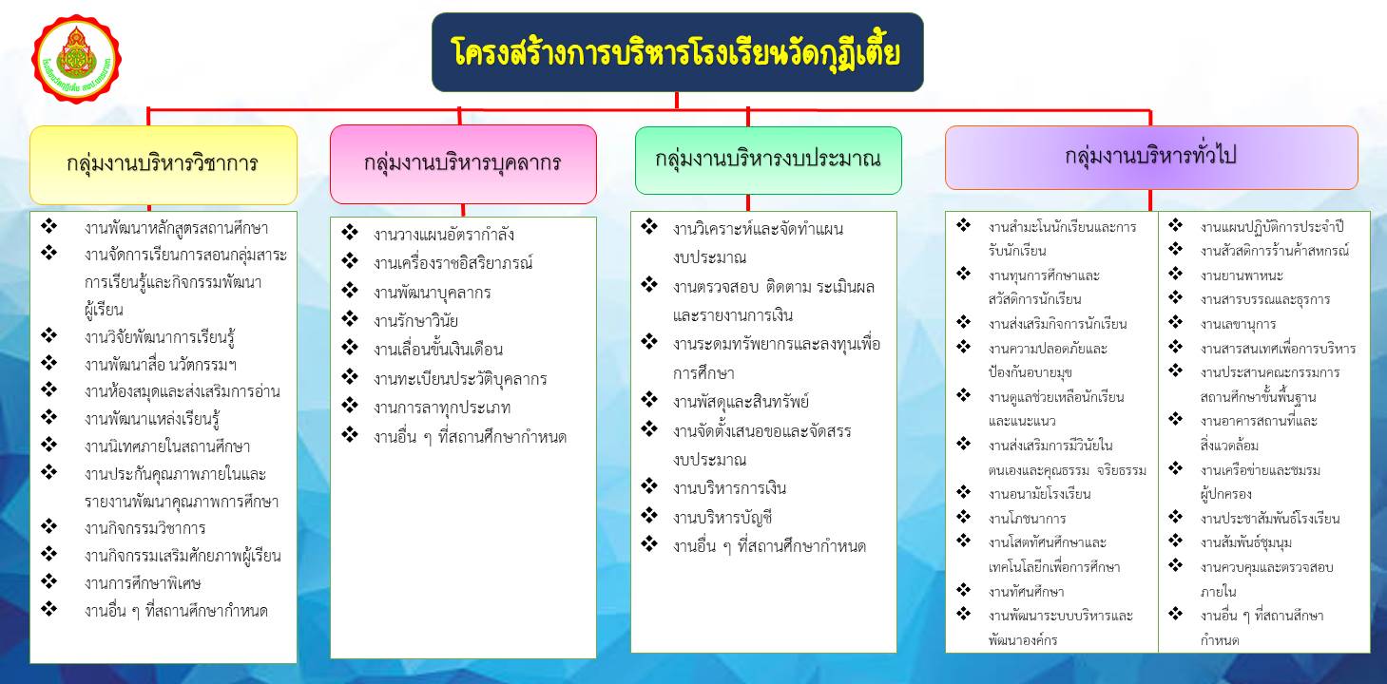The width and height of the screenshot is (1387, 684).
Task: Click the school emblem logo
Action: click(x=76, y=60)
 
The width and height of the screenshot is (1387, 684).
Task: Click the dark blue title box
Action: click(x=678, y=52)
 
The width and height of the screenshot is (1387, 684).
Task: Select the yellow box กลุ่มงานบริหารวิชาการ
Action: click(x=164, y=164)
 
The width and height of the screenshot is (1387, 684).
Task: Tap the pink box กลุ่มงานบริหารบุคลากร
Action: click(x=463, y=164)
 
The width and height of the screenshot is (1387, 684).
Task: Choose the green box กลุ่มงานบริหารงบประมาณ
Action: click(x=768, y=161)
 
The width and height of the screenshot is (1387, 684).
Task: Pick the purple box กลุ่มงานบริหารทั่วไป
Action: click(x=1151, y=158)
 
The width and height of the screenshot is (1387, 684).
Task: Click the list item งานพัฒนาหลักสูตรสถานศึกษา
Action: click(x=177, y=228)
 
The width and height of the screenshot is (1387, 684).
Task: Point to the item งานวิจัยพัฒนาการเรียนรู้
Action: click(x=160, y=337)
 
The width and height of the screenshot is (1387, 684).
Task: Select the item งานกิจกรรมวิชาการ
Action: click(x=144, y=528)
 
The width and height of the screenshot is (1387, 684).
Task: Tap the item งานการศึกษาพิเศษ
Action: click(x=143, y=583)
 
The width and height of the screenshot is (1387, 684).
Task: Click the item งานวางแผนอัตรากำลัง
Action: click(x=443, y=235)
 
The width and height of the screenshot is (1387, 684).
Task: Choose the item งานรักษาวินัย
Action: click(x=415, y=321)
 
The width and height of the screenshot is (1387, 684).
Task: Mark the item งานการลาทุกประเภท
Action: click(x=442, y=408)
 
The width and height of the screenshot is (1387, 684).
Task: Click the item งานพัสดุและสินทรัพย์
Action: click(x=741, y=402)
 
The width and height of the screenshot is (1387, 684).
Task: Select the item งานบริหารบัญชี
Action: click(x=722, y=518)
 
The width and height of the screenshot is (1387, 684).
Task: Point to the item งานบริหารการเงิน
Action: click(x=729, y=488)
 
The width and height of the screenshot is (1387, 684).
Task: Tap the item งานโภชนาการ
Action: click(x=1028, y=518)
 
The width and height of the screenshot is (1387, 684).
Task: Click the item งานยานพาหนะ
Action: click(x=1242, y=275)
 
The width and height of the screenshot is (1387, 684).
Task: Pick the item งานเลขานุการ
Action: click(x=1238, y=324)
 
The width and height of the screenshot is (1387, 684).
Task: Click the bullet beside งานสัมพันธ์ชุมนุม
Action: click(x=1176, y=541)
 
